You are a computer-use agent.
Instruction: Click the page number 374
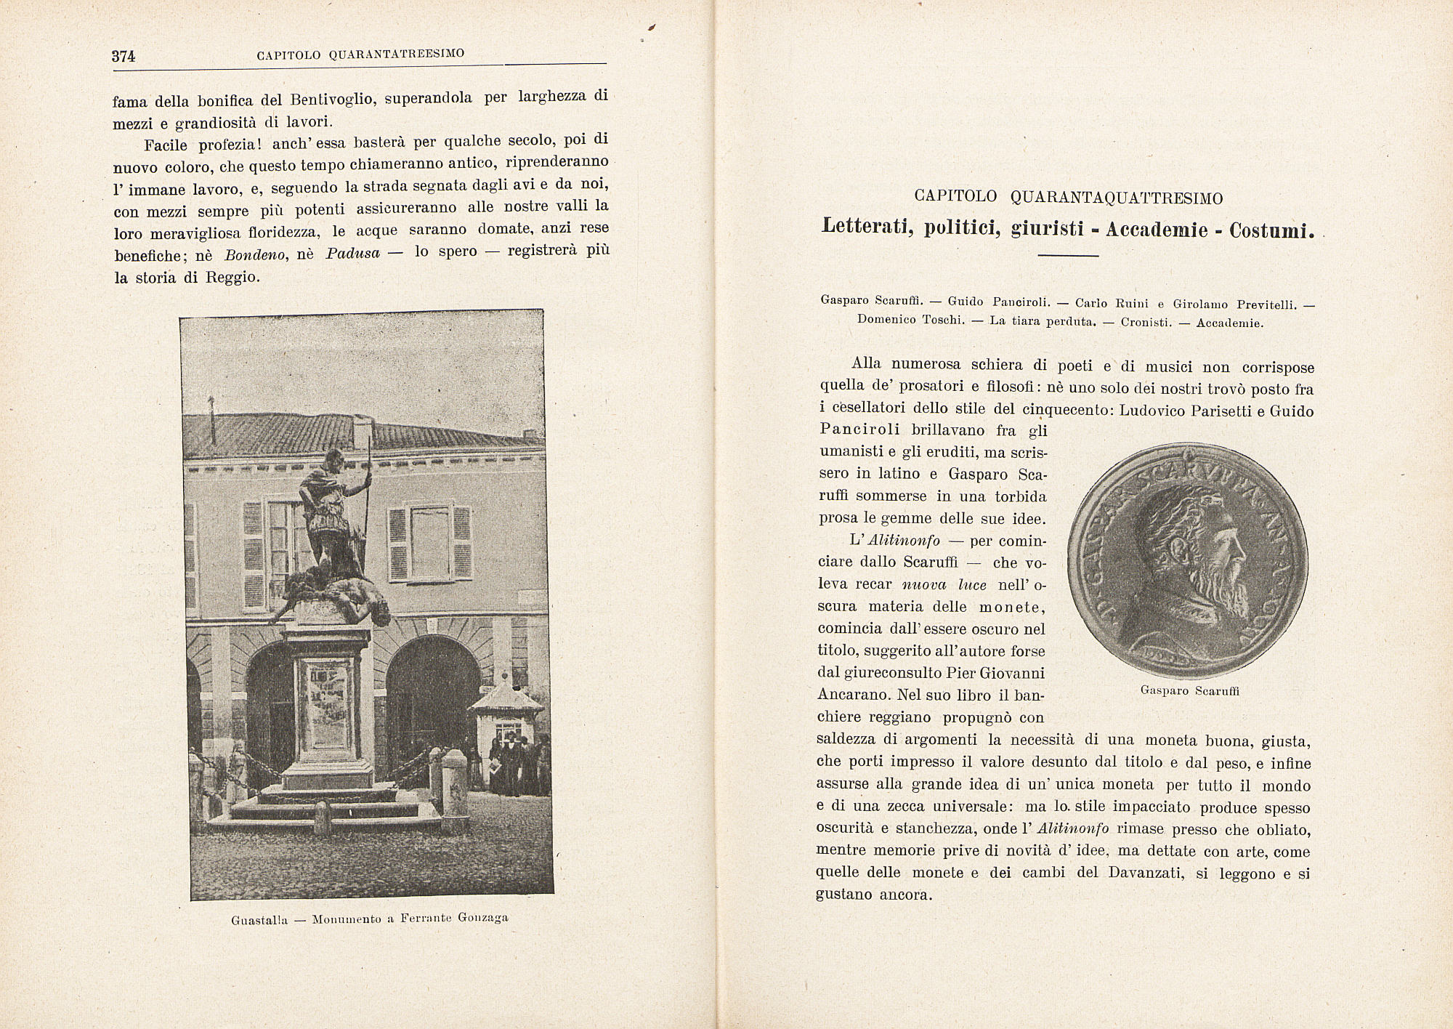(x=124, y=57)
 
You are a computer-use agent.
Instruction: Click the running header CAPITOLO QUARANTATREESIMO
(x=361, y=54)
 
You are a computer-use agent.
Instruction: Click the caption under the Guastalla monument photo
(x=370, y=919)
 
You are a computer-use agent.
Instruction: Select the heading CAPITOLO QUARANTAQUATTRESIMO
(x=1068, y=198)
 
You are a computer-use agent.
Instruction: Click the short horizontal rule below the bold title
(x=1068, y=256)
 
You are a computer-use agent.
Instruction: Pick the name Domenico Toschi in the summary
(x=910, y=320)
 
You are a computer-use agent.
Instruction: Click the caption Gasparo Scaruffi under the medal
(x=1190, y=690)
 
